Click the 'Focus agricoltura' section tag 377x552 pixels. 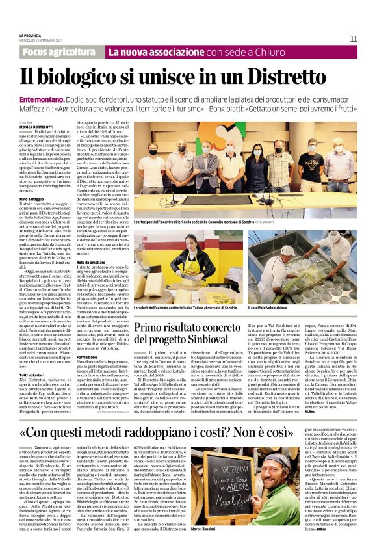[62, 51]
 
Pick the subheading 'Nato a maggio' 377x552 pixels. [32, 198]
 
